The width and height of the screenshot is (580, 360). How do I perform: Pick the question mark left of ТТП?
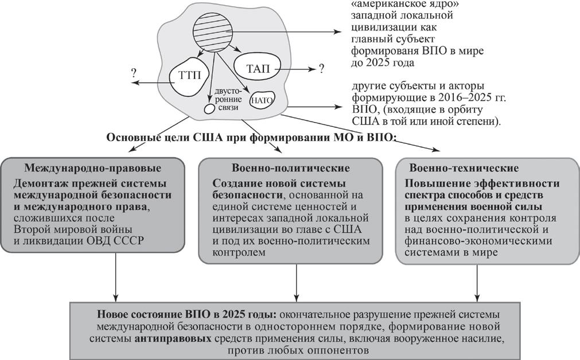[133, 73]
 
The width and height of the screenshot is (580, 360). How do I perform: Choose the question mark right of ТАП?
[321, 68]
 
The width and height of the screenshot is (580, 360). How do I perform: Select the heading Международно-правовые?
[92, 168]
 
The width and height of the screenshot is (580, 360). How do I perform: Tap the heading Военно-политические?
[291, 168]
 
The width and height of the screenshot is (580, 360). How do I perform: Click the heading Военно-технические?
[464, 168]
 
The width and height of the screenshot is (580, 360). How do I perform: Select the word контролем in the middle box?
[239, 253]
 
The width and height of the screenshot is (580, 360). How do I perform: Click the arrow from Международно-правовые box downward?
[116, 277]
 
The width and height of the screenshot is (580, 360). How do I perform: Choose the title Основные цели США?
[159, 138]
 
